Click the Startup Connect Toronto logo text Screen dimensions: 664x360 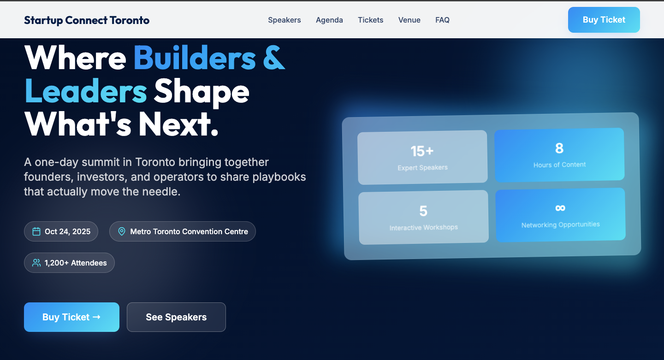click(x=87, y=20)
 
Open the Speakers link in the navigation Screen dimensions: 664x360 click(x=284, y=20)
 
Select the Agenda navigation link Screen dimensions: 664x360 click(x=329, y=20)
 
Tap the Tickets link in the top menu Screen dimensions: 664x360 click(x=371, y=20)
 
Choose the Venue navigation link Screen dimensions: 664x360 click(x=409, y=20)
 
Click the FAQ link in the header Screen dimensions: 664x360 click(x=442, y=20)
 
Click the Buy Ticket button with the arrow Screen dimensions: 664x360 click(x=72, y=317)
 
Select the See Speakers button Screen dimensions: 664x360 click(x=176, y=317)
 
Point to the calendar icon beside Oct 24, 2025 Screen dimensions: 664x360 click(x=36, y=231)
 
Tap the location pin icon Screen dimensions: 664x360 click(x=122, y=231)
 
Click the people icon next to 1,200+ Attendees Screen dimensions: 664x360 click(x=36, y=263)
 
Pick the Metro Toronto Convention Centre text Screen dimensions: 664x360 click(x=189, y=231)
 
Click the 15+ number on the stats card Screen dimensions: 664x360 click(x=422, y=151)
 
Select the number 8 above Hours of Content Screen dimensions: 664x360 click(x=559, y=148)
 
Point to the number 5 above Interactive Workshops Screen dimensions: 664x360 click(x=423, y=211)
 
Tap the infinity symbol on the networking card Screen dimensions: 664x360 click(x=560, y=208)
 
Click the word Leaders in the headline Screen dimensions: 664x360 click(x=86, y=91)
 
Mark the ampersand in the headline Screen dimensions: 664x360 click(x=274, y=58)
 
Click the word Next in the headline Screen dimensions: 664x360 click(x=175, y=124)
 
